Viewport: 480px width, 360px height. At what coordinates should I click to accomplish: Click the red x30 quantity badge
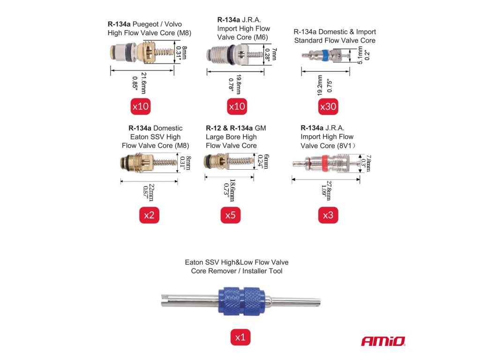328,107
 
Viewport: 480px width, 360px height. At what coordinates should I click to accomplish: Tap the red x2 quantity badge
149,215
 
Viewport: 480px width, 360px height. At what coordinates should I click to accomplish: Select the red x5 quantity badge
230,215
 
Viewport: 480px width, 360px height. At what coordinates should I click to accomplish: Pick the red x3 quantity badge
328,215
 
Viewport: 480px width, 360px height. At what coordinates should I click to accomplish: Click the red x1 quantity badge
240,337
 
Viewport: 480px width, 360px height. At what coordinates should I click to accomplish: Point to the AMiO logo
383,341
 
